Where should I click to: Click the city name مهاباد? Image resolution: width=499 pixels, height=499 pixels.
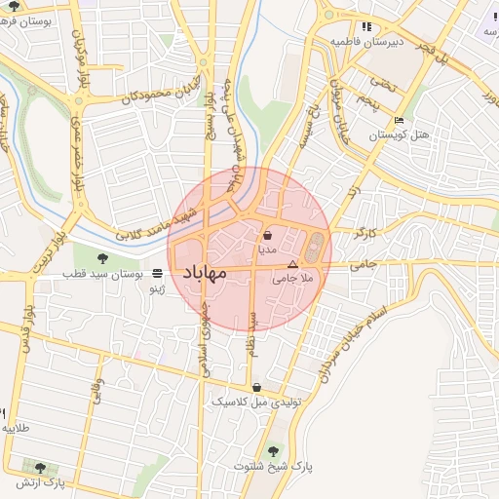[x=204, y=272]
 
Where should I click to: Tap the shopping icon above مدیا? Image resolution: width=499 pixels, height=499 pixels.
[x=267, y=235]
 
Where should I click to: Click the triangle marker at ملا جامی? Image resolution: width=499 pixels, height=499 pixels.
[x=291, y=264]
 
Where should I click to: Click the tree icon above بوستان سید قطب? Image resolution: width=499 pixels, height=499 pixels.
[x=102, y=257]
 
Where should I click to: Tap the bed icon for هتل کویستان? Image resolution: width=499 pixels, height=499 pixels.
[x=399, y=120]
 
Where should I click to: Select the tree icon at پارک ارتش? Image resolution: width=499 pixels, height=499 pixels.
[x=40, y=468]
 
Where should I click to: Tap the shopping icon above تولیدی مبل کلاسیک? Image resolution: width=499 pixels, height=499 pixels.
[x=256, y=387]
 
